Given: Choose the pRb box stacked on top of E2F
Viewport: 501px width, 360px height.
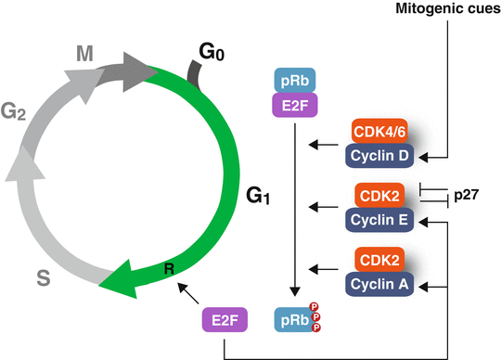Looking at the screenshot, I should click(295, 82).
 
